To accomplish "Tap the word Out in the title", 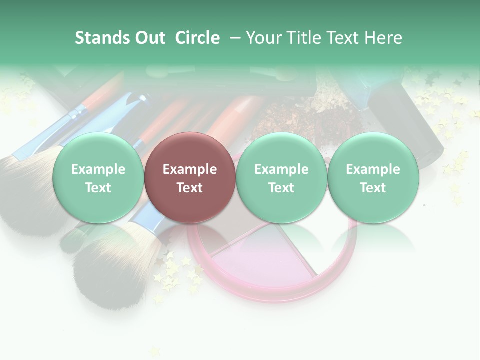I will click(149, 38).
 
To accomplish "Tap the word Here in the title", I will click(385, 38).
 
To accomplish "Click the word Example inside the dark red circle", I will click(190, 169).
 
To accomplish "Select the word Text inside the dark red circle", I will click(190, 188).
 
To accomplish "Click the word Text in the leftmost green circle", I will click(98, 188).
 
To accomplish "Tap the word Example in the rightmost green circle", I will click(373, 169).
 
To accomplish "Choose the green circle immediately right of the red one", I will click(281, 177).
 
